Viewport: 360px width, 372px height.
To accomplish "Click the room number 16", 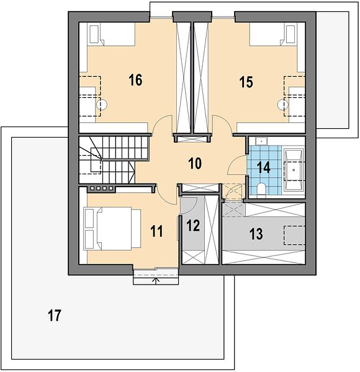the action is click(x=135, y=80).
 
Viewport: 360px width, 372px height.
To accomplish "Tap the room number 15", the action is click(x=246, y=82).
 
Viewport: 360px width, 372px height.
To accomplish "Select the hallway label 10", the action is click(x=195, y=164).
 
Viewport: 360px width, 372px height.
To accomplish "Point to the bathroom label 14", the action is click(x=264, y=167).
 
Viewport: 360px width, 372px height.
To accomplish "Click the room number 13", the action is click(x=256, y=234).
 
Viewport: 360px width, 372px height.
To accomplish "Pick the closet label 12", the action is click(x=193, y=226).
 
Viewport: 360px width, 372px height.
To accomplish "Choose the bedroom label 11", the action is click(x=157, y=231).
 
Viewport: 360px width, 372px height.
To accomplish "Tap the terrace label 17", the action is click(x=55, y=316).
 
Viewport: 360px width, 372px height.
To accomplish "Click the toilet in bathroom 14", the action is click(x=261, y=189).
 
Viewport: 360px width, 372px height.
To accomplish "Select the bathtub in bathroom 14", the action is click(x=294, y=170).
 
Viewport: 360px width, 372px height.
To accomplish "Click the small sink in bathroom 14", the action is click(x=261, y=141).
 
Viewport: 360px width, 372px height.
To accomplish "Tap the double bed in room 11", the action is click(x=112, y=228).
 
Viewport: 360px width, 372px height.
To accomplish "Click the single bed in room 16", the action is click(x=111, y=34).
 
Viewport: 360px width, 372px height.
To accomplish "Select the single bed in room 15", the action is click(x=272, y=34).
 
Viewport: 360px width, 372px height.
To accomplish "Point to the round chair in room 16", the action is click(x=102, y=104).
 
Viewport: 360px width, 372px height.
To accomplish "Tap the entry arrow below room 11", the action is click(x=156, y=281).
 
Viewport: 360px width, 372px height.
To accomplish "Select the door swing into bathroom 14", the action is click(x=236, y=165).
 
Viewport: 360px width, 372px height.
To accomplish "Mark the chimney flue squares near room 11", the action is click(x=101, y=188).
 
